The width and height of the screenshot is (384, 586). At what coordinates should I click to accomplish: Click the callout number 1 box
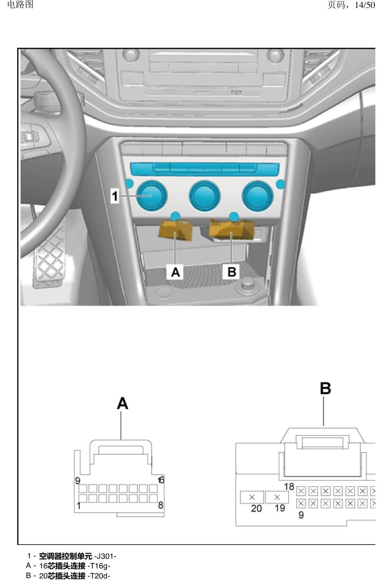click(115, 196)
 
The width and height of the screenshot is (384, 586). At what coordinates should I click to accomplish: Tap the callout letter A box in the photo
click(175, 272)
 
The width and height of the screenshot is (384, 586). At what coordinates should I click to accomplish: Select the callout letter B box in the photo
click(232, 272)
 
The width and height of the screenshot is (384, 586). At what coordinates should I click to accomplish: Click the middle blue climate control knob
click(205, 196)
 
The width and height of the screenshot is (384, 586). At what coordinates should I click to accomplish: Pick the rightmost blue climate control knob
click(258, 196)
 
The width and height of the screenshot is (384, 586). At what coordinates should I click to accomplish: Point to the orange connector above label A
click(175, 230)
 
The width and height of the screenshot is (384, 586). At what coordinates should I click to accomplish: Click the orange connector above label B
click(232, 229)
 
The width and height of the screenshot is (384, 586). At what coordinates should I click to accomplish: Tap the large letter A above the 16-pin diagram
click(122, 403)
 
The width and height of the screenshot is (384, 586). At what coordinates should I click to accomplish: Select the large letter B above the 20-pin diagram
click(325, 389)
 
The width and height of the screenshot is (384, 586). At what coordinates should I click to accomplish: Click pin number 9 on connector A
click(78, 480)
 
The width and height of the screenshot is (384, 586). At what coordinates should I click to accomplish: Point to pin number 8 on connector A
click(161, 505)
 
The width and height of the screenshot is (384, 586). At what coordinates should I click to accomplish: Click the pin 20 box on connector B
click(252, 497)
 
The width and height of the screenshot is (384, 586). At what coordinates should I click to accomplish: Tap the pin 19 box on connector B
click(277, 497)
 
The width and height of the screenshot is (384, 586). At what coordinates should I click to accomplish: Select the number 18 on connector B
click(289, 487)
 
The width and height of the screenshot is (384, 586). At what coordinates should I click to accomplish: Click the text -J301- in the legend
click(105, 556)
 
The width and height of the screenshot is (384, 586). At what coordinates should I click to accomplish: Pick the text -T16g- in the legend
click(99, 566)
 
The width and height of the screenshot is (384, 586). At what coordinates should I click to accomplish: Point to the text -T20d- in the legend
click(99, 576)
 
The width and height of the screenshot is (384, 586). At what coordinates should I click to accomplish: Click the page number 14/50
click(365, 5)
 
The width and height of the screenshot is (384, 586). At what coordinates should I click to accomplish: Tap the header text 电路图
click(21, 5)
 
